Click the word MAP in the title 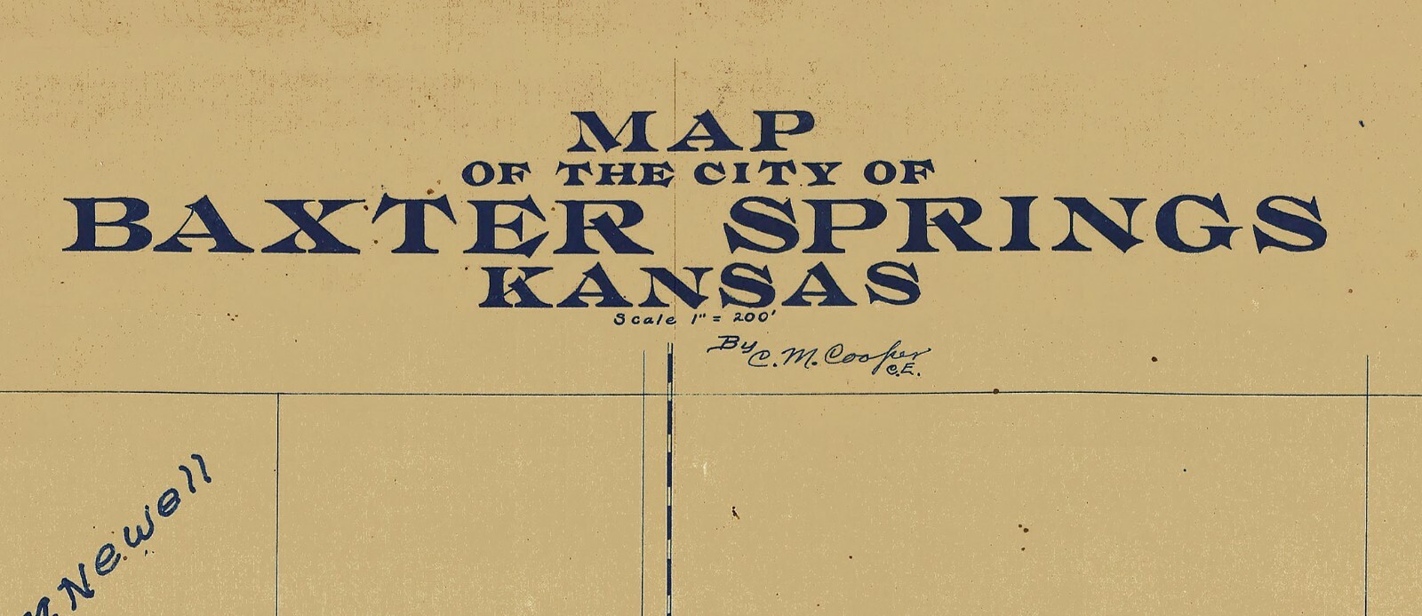pos(691,132)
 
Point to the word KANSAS pos(699,284)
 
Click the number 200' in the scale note pos(755,316)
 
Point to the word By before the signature pos(725,345)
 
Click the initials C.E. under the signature pos(904,372)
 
